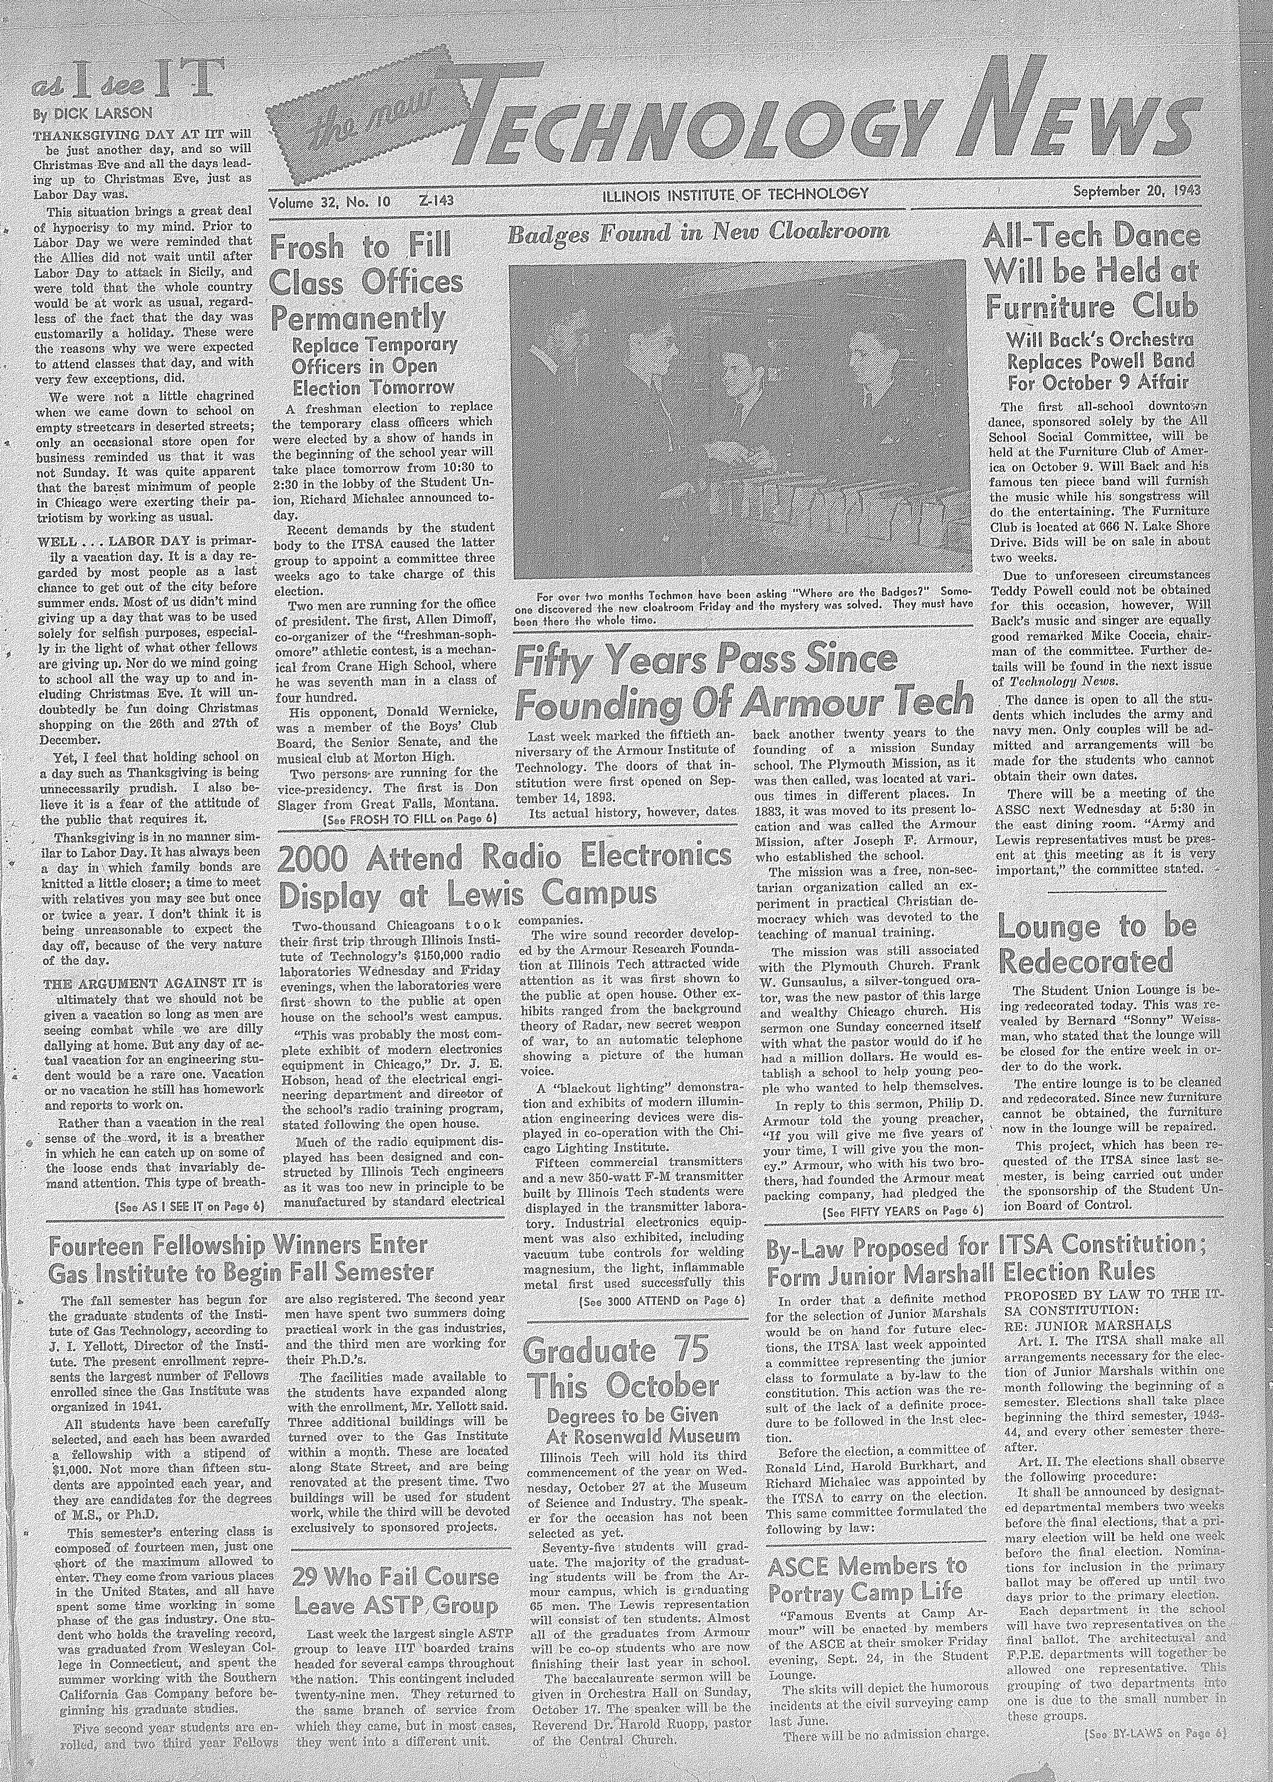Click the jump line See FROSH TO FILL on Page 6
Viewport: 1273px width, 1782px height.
411,819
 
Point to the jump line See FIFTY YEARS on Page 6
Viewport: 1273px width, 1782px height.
902,1212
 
